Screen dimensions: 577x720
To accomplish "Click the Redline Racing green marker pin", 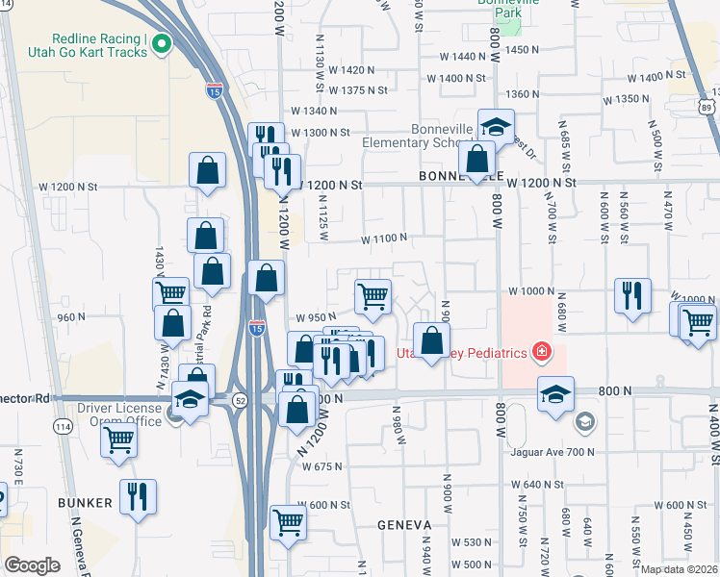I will coord(161,42).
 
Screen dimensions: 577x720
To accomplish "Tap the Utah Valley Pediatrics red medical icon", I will coord(542,353).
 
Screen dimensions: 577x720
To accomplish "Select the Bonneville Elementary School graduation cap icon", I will coord(496,127).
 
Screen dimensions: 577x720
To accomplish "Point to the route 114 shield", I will coord(64,426).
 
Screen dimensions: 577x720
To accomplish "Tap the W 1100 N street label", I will coord(384,238).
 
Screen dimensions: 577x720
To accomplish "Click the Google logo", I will coord(32,565).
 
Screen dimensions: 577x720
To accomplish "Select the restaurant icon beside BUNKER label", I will coord(137,497).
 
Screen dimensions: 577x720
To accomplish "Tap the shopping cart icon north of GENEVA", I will coord(288,523).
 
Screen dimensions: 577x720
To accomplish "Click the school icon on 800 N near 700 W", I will coord(555,393).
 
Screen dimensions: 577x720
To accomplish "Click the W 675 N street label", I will coord(321,466).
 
